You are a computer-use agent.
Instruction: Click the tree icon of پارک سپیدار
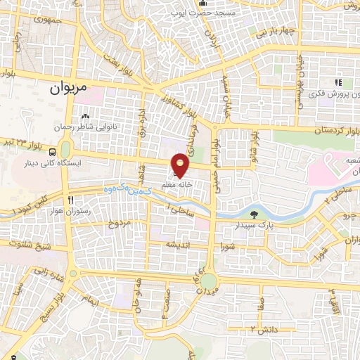[x=253, y=214]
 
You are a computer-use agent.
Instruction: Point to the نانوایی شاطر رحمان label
[x=86, y=128]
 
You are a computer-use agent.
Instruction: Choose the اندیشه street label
[x=173, y=245]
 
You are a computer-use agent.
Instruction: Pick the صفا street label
[x=261, y=305]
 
